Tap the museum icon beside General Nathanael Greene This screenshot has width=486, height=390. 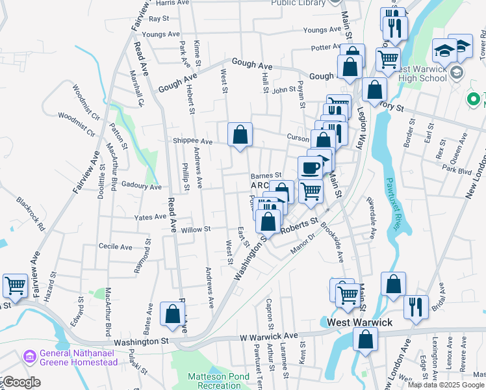click(29, 357)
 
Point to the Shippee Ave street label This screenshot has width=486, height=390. click(193, 141)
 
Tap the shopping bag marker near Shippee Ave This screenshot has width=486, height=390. click(240, 135)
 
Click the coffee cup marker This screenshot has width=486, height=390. click(310, 168)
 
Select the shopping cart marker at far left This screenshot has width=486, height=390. click(15, 285)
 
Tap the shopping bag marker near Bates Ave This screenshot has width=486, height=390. click(173, 314)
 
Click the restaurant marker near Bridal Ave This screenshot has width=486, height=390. click(415, 307)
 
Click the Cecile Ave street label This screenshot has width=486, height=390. click(115, 247)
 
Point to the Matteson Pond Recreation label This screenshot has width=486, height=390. click(214, 381)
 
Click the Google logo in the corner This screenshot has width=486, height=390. click(21, 382)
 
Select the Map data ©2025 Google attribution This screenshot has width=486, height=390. click(446, 385)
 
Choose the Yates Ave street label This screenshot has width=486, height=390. click(150, 217)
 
